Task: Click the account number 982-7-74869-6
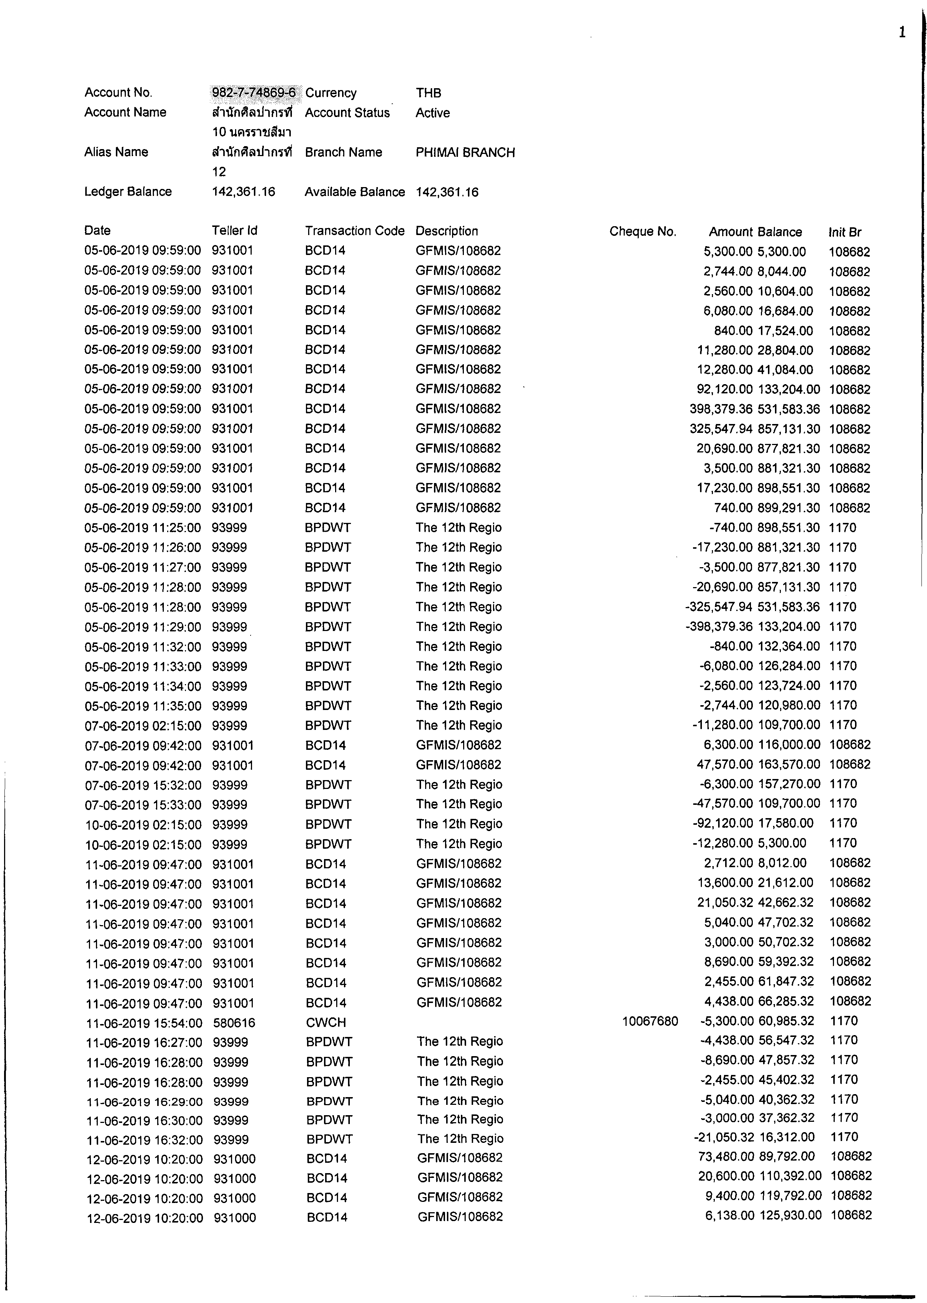pos(254,93)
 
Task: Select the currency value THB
pos(428,93)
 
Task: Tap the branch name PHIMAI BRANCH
pos(465,152)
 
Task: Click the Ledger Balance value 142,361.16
pos(244,192)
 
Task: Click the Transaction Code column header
pos(355,231)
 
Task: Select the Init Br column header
pos(845,232)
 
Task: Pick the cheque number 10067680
pos(650,1021)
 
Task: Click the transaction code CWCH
pos(326,1022)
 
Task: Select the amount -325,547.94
pos(718,607)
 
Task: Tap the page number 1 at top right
pos(902,32)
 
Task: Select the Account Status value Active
pos(432,113)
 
